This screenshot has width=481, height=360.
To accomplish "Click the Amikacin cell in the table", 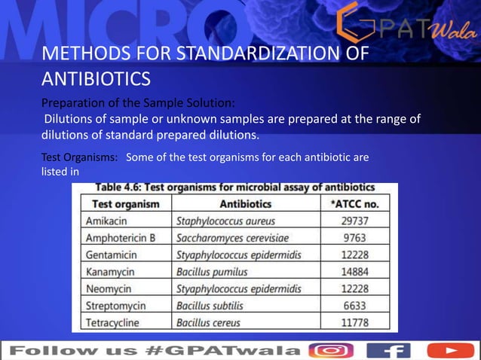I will (106, 221).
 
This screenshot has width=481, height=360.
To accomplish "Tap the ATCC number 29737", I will (354, 221).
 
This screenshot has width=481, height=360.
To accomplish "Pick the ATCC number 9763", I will (354, 238).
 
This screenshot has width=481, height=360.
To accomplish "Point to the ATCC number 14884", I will (354, 272).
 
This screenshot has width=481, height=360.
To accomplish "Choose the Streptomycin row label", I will (117, 306).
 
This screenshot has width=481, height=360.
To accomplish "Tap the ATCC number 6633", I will (354, 306).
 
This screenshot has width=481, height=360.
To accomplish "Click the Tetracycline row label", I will (114, 322).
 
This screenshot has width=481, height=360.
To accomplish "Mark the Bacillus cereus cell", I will (208, 322).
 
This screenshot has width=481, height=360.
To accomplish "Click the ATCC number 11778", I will (354, 322).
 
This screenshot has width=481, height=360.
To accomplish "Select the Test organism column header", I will (126, 204).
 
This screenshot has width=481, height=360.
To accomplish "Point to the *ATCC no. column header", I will (355, 204).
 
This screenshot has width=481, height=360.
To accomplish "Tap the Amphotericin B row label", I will (121, 238).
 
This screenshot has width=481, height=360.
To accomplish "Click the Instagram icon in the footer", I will (332, 350).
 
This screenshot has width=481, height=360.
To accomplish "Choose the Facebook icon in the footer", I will (388, 350).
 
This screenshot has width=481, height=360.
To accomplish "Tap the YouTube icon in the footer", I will (450, 350).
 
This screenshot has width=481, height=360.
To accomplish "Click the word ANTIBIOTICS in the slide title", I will (95, 78).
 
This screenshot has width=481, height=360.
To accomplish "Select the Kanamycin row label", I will (112, 272).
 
